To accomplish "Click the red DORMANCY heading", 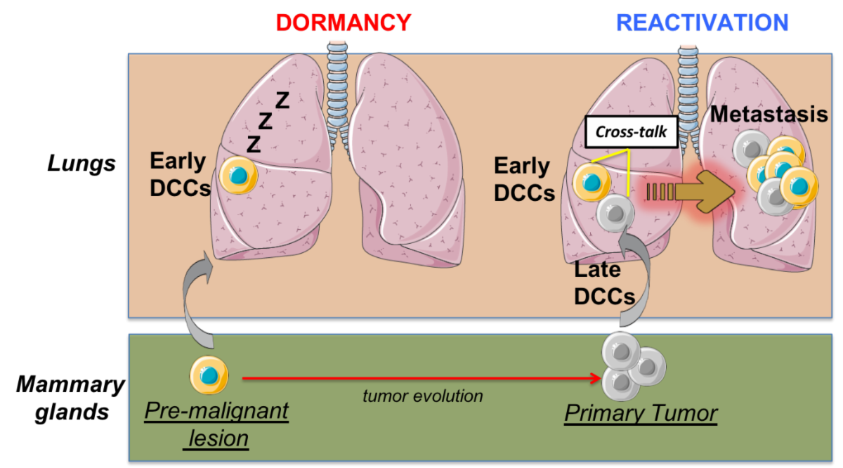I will tap(343, 22).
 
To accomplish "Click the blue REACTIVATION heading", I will tap(702, 22).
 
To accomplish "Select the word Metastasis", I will tap(769, 114).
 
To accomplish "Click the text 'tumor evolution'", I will tap(423, 396).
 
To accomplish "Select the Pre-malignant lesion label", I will tap(216, 424).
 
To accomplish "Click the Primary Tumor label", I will tap(641, 413).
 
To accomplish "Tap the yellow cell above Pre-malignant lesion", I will tap(209, 375).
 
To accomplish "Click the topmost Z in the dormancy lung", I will tap(282, 100).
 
